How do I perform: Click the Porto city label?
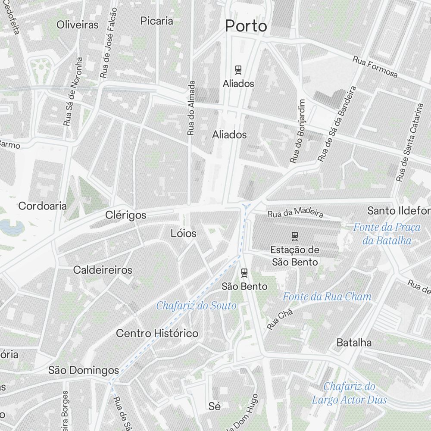[x=246, y=26]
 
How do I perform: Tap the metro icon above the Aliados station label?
[x=238, y=69]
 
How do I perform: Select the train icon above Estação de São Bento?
[x=295, y=235]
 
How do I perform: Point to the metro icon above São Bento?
[x=244, y=272]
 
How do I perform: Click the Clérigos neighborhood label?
[x=126, y=215]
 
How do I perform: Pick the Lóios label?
[x=184, y=234]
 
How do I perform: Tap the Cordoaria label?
[x=42, y=206]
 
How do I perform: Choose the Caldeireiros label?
[x=103, y=270]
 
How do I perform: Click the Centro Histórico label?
[x=157, y=333]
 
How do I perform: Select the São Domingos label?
[x=84, y=370]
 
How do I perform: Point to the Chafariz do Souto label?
[x=196, y=306]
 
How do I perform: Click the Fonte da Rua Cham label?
[x=327, y=297]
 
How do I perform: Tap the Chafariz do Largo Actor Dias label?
[x=349, y=393]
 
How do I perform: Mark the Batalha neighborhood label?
[x=354, y=343]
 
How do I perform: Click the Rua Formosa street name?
[x=375, y=67]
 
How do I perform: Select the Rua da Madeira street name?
[x=295, y=214]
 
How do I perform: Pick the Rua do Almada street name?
[x=191, y=108]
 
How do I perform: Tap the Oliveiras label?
[x=78, y=25]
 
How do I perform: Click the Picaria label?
[x=157, y=21]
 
